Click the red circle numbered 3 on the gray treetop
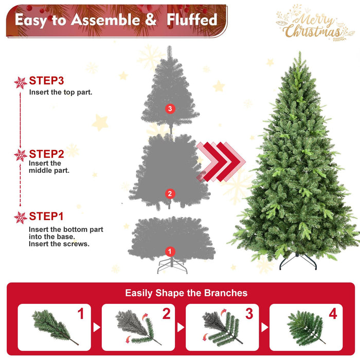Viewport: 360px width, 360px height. (170, 109)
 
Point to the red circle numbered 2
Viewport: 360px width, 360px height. (170, 193)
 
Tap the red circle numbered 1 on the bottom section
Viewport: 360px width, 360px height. (170, 251)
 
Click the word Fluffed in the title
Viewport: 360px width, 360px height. (190, 20)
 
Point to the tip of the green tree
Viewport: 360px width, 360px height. (298, 53)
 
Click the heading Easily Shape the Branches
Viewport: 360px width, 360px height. (186, 293)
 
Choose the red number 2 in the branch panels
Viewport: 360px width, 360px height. (166, 314)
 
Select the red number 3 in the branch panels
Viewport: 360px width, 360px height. (249, 314)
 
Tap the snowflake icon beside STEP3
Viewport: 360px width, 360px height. (21, 82)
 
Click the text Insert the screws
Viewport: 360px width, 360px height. (59, 244)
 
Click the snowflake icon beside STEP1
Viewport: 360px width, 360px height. (21, 218)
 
